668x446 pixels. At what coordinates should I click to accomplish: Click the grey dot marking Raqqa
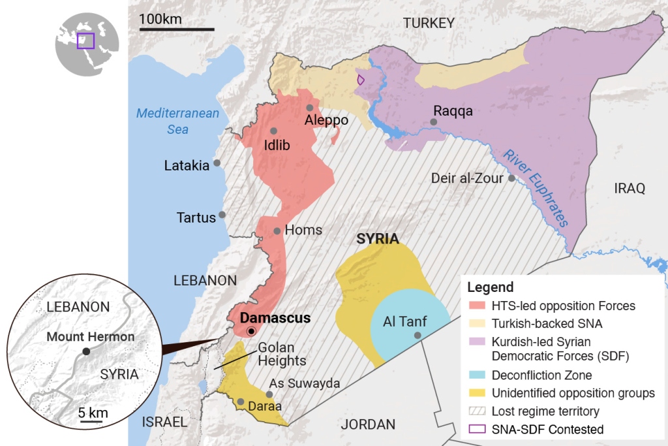434,122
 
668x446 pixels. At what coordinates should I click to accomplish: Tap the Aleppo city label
326,121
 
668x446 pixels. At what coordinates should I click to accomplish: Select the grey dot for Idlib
274,131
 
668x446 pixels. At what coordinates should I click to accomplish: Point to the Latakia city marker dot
217,163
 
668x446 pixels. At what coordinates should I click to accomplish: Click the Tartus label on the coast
196,217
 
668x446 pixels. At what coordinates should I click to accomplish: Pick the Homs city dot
277,231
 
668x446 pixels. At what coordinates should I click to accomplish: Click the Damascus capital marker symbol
251,332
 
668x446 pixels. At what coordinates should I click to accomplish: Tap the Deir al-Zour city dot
512,178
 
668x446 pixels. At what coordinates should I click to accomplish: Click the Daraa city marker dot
241,402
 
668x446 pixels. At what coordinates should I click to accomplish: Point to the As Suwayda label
305,383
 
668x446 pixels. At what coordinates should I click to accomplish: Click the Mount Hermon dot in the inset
86,351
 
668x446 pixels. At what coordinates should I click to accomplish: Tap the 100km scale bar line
176,29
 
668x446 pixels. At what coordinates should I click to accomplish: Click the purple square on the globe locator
85,40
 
